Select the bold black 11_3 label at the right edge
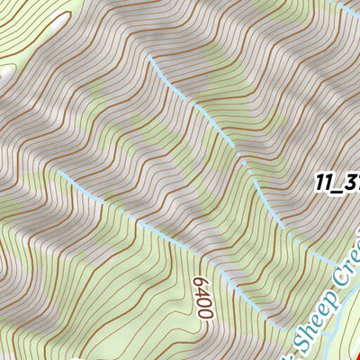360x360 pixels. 337,181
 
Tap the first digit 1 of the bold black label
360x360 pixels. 320,181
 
